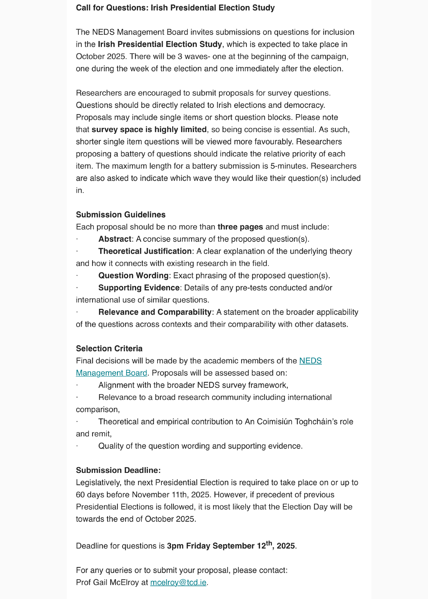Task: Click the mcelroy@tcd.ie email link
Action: pyautogui.click(x=178, y=583)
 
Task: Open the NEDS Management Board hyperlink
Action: pyautogui.click(x=310, y=361)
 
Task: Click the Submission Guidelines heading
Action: pyautogui.click(x=121, y=215)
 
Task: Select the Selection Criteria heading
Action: pyautogui.click(x=109, y=349)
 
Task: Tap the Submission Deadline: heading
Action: pyautogui.click(x=118, y=470)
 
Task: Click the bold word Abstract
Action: pyautogui.click(x=115, y=239)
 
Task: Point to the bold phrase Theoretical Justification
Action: pyautogui.click(x=145, y=251)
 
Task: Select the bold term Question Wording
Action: pyautogui.click(x=133, y=276)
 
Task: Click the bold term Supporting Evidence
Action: pyautogui.click(x=139, y=288)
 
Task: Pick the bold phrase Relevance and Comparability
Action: pyautogui.click(x=155, y=312)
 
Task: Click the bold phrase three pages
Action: pyautogui.click(x=240, y=227)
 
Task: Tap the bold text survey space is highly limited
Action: pyautogui.click(x=149, y=130)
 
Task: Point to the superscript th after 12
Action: pyautogui.click(x=269, y=543)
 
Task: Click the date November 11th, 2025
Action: pyautogui.click(x=171, y=495)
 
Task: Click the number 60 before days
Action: pyautogui.click(x=80, y=495)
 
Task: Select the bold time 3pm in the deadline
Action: pyautogui.click(x=175, y=546)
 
